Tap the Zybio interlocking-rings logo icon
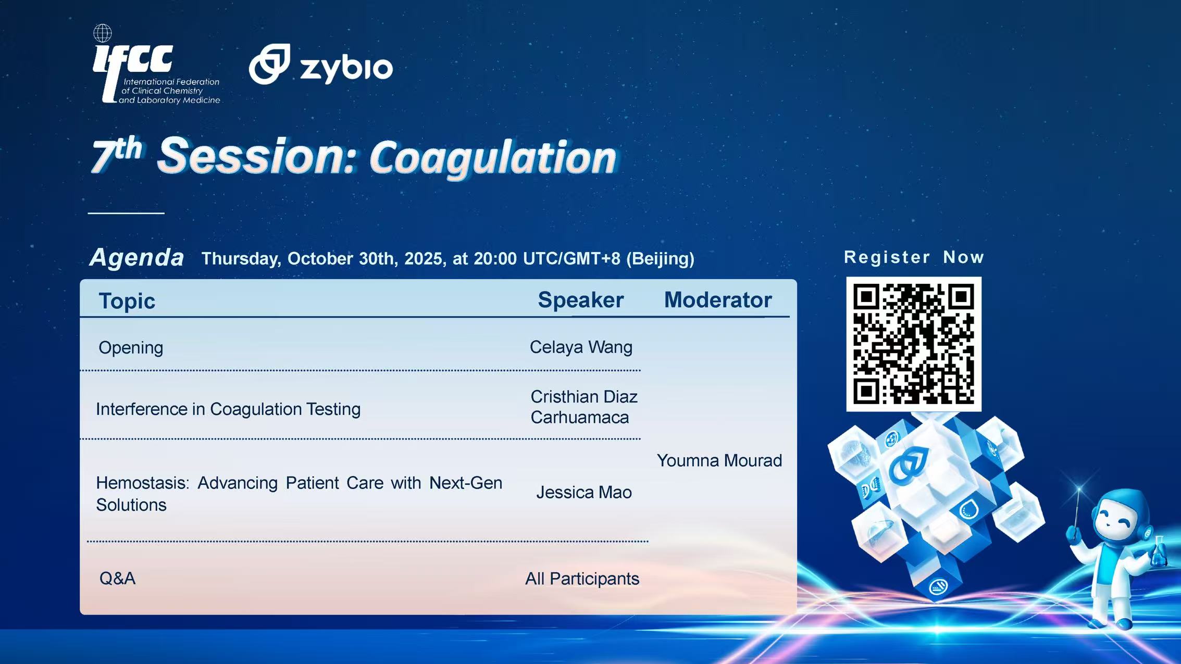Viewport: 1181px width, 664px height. (x=269, y=64)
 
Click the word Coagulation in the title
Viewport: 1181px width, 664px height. (x=493, y=158)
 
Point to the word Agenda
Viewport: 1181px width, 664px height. (x=136, y=257)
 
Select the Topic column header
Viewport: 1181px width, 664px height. (x=127, y=301)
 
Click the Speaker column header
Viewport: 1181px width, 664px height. (x=580, y=300)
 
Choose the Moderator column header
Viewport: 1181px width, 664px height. (x=718, y=300)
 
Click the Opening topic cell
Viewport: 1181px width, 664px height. (x=131, y=348)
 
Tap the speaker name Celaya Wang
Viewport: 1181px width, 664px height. (x=581, y=347)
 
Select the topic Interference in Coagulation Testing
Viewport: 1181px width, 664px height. (x=228, y=409)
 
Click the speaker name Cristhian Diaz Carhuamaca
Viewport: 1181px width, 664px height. (x=583, y=407)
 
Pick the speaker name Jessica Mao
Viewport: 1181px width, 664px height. (x=584, y=492)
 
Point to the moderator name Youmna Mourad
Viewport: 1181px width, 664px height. (x=719, y=460)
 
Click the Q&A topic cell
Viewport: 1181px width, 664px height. (x=117, y=578)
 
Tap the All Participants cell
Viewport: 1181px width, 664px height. (x=582, y=579)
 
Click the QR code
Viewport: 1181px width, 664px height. (x=914, y=344)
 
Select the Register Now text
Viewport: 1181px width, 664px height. (x=914, y=257)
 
